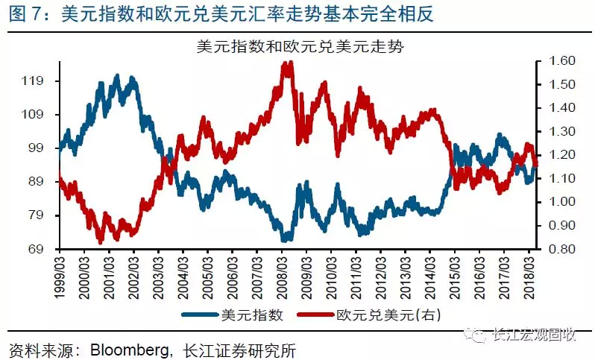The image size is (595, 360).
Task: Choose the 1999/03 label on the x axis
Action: coord(59,277)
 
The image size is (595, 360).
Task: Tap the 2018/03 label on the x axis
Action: coord(529,277)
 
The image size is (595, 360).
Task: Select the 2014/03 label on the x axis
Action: coord(430,277)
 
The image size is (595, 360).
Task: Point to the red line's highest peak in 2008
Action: coord(286,64)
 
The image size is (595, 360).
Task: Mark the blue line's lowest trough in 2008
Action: coord(284,240)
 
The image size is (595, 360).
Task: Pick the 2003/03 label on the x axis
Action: coord(158,277)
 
